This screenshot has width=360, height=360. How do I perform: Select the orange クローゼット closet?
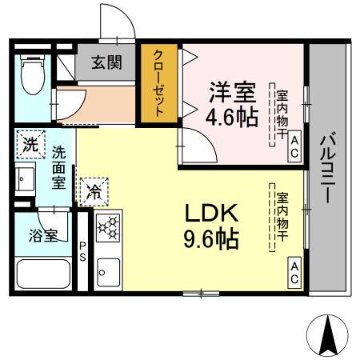point(158,84)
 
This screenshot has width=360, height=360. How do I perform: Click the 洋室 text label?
point(232,89)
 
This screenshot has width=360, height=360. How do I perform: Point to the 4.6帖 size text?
point(232,117)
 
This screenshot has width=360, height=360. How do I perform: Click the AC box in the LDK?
point(294,273)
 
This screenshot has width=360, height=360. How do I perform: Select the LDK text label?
point(212,213)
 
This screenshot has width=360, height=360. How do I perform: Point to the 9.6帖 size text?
point(212,239)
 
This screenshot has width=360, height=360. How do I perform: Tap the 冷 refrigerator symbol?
point(94,192)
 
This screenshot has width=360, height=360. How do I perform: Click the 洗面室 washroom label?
point(59,166)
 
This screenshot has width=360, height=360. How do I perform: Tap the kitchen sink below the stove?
point(106,272)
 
